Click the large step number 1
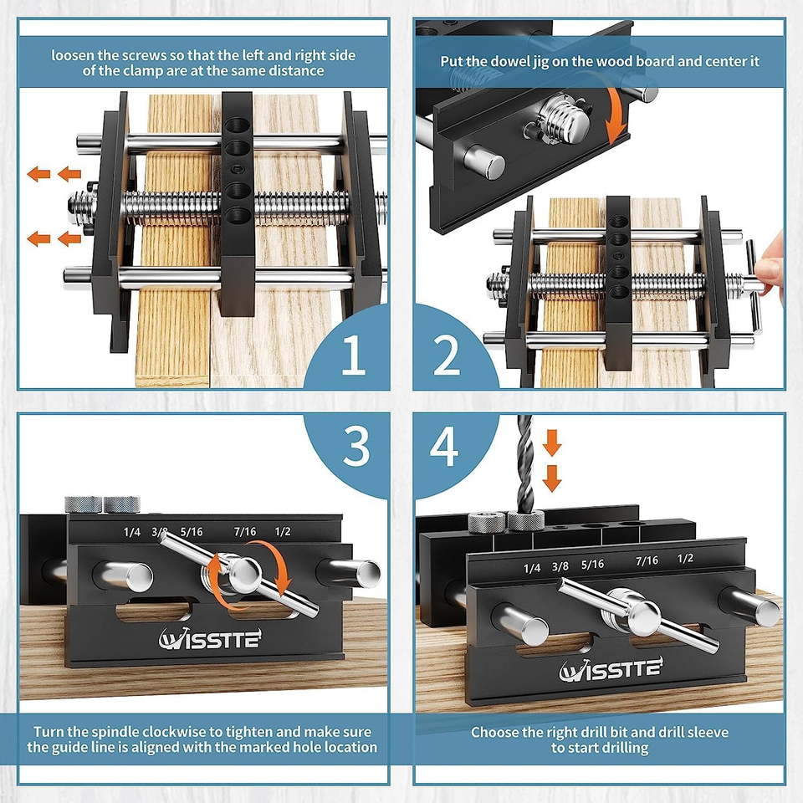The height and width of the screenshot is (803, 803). pos(353,355)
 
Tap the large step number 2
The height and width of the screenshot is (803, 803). pos(447,355)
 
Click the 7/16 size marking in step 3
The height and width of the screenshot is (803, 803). pos(245,531)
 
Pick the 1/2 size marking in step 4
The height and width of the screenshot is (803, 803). pos(685,558)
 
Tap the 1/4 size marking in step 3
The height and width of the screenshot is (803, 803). pos(132,531)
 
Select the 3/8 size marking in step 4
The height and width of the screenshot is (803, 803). pos(560,566)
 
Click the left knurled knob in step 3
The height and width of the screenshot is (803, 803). pos(83,504)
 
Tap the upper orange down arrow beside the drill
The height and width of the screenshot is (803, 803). pos(551,444)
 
